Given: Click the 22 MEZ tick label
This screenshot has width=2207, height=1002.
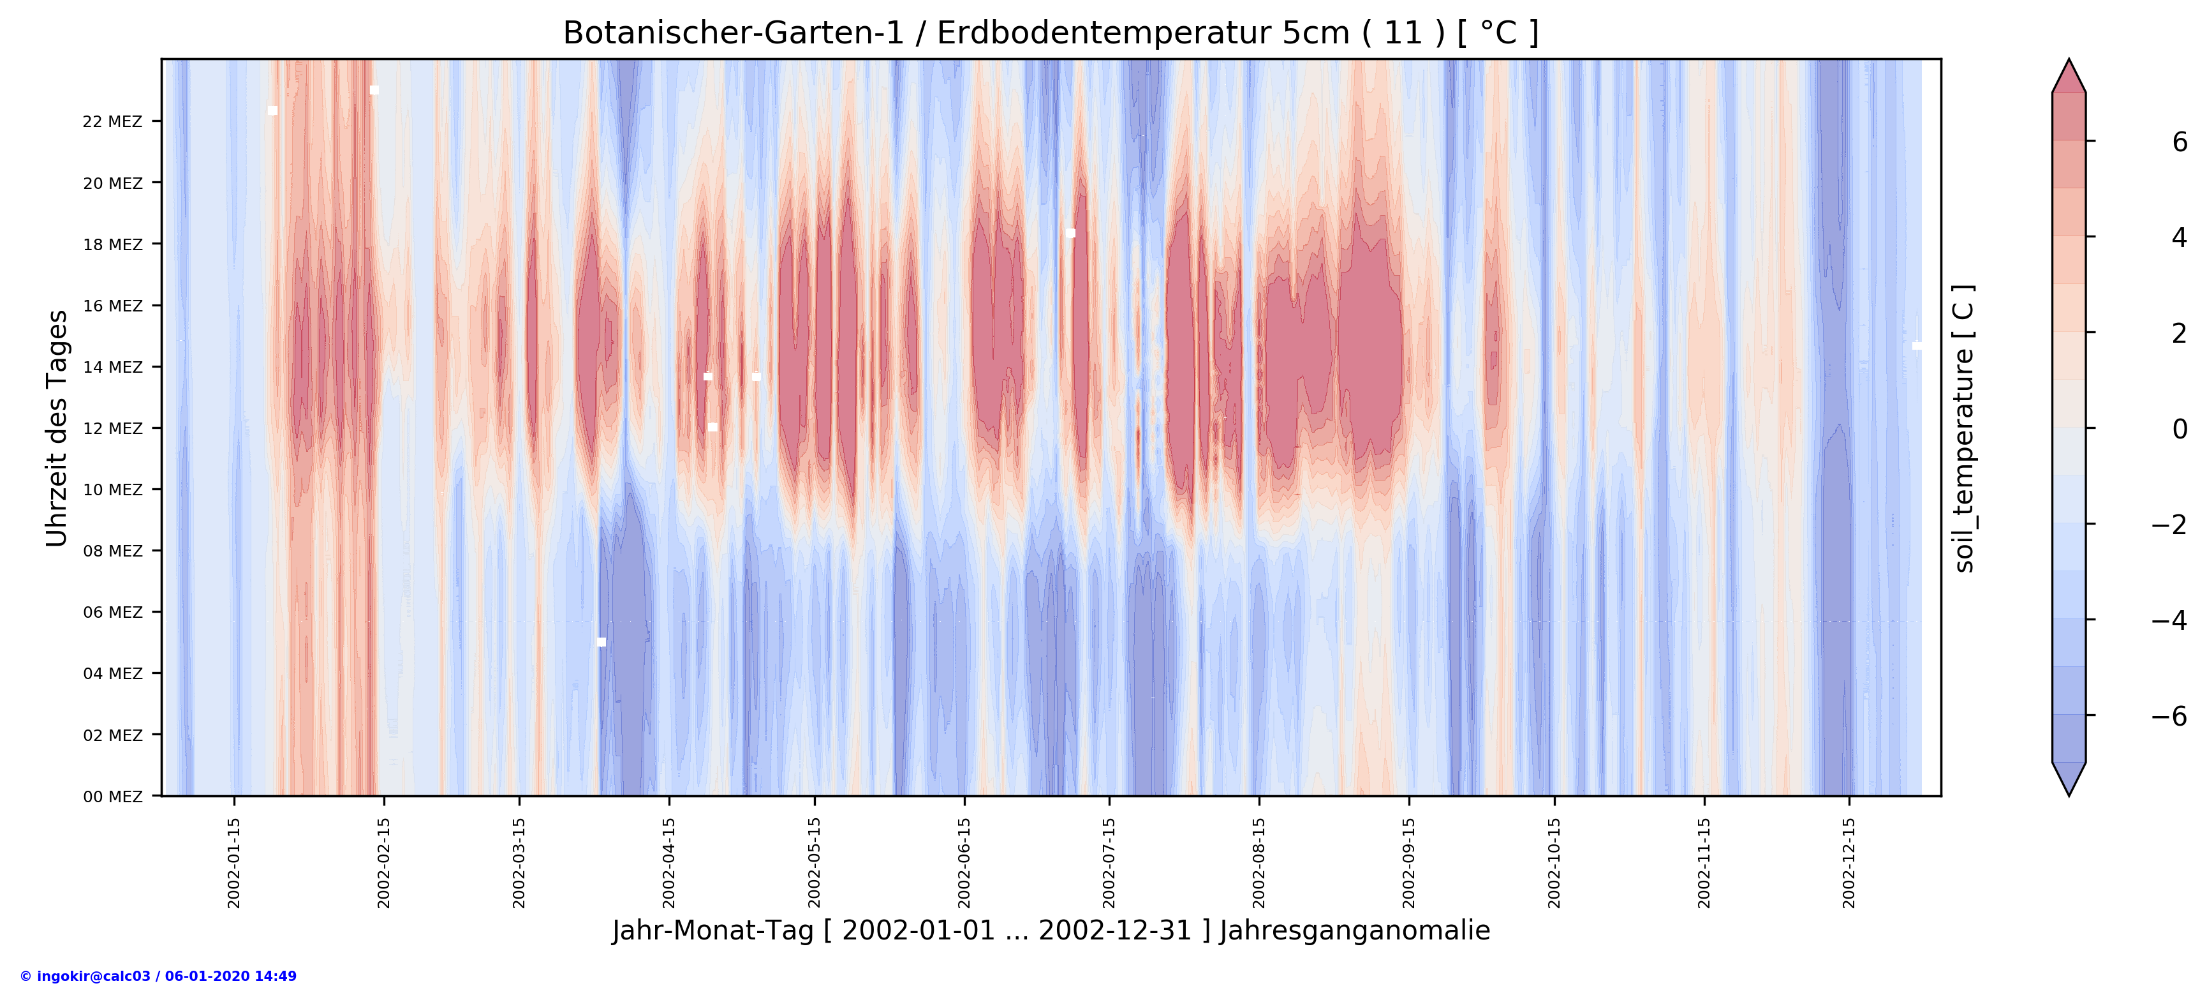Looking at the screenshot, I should point(112,122).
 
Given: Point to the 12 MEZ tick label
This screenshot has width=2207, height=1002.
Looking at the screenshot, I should point(112,429).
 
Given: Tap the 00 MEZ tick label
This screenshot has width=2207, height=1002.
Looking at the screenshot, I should point(112,797).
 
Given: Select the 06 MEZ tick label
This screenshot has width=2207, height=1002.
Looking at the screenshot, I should point(112,613).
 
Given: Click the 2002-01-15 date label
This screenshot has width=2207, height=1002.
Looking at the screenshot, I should point(234,862).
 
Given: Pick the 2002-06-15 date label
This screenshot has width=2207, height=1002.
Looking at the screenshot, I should point(964,862).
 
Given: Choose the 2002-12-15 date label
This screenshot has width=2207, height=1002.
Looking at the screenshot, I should point(1849,862).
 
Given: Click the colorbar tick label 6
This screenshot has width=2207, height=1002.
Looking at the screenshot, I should point(2179,142).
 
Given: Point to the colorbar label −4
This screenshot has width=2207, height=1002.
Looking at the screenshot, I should point(2169,620).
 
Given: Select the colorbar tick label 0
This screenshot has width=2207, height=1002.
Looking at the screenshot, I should point(2179,430).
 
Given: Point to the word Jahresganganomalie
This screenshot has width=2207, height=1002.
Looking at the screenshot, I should point(1355,931).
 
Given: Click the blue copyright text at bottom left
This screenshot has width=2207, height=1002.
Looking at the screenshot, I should point(158,976).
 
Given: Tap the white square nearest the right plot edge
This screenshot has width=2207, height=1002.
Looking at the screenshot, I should point(1917,347).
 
